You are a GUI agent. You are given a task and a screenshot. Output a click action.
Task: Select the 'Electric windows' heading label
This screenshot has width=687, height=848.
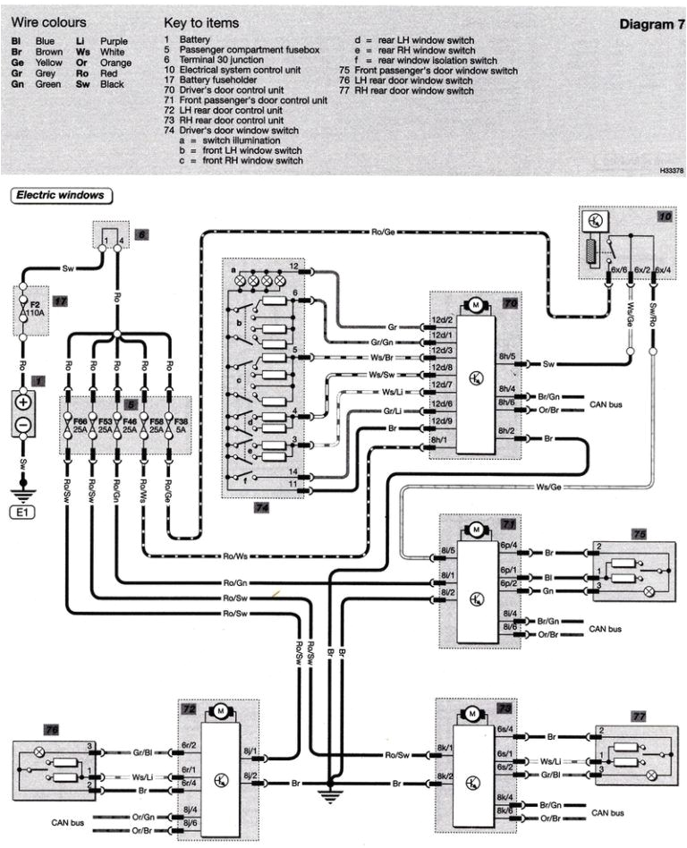[x=59, y=194]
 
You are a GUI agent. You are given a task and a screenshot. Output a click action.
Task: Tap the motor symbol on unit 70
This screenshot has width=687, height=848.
[x=476, y=306]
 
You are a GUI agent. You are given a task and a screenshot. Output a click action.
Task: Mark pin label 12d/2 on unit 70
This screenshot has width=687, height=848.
[x=443, y=320]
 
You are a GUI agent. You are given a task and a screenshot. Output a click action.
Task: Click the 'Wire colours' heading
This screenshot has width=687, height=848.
[x=48, y=21]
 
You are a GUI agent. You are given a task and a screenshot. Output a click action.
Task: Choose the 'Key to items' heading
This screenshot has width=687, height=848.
[x=202, y=21]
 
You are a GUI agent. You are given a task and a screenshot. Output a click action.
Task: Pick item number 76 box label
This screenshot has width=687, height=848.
[x=27, y=730]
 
